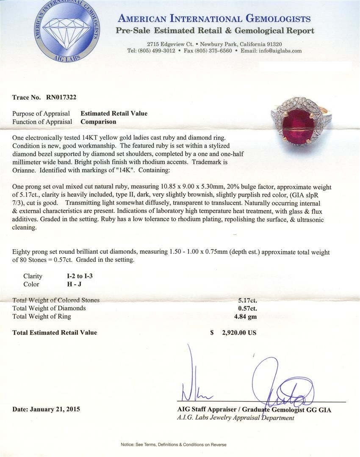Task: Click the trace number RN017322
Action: coord(59,97)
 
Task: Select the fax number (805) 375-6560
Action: coord(213,51)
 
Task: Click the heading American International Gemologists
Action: coord(214,19)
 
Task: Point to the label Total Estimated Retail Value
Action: coord(55,333)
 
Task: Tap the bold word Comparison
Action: coord(98,121)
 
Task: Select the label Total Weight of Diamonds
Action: coord(49,308)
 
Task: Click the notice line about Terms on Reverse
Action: coord(174,445)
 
